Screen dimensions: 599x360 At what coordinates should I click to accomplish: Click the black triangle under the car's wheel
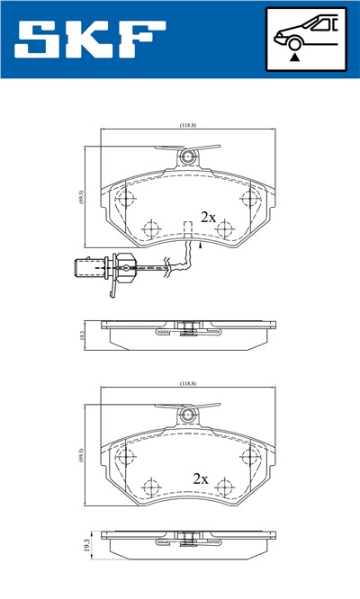[294, 56]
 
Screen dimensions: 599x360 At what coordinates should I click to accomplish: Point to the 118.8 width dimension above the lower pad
[187, 384]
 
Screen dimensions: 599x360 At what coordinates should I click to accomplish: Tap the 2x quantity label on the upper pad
[208, 217]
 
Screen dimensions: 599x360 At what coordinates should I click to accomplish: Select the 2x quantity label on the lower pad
[200, 479]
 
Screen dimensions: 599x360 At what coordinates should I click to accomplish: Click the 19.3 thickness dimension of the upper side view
[82, 335]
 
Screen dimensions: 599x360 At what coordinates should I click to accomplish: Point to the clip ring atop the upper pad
[187, 157]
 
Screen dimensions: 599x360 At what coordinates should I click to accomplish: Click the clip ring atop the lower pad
[187, 415]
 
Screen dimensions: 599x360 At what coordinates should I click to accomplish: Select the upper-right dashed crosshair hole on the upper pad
[249, 196]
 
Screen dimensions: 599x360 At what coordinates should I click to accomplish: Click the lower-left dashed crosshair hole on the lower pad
[150, 486]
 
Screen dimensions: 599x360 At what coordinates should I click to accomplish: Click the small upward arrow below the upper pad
[200, 241]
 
